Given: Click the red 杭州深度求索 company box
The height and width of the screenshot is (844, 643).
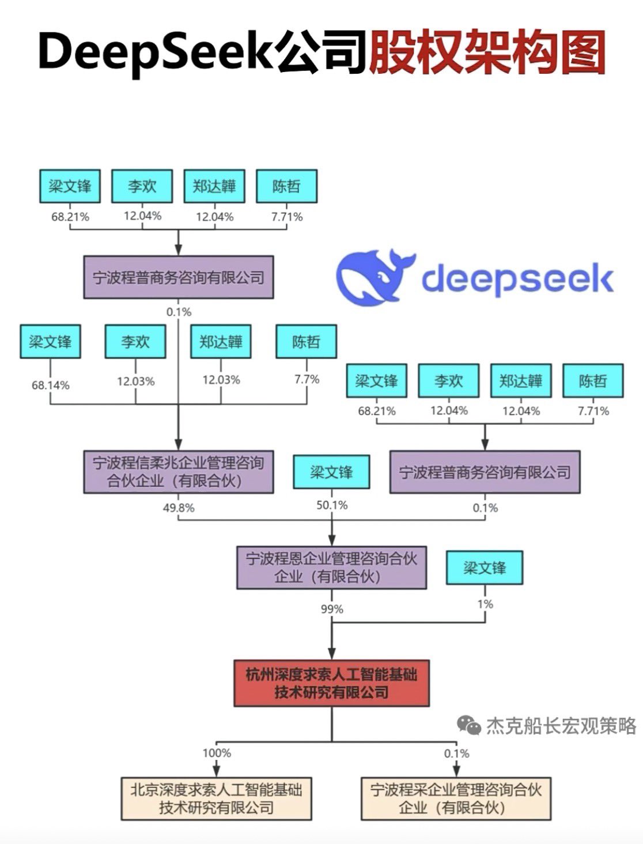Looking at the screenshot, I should pyautogui.click(x=331, y=683).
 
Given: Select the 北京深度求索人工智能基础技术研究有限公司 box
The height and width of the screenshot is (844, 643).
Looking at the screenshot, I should pyautogui.click(x=216, y=798).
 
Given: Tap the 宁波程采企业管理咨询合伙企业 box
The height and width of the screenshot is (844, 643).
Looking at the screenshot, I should pyautogui.click(x=456, y=798).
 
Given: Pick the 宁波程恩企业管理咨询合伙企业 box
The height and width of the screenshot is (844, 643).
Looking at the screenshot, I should pyautogui.click(x=331, y=567).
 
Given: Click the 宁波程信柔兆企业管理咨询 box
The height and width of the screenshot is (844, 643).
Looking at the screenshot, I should pyautogui.click(x=178, y=472).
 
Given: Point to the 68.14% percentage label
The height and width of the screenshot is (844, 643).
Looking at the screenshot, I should pyautogui.click(x=51, y=385).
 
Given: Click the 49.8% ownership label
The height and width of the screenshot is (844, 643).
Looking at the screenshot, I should pyautogui.click(x=179, y=508).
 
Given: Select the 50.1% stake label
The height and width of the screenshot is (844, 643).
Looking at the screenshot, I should pyautogui.click(x=332, y=505).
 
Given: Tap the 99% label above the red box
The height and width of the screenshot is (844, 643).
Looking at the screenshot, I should pyautogui.click(x=332, y=609).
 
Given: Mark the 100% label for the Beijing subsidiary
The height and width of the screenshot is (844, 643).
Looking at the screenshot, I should pyautogui.click(x=217, y=753).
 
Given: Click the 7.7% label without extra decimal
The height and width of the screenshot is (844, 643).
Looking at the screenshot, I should pyautogui.click(x=307, y=379).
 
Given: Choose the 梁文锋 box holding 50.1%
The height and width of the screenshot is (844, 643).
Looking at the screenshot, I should pyautogui.click(x=331, y=472).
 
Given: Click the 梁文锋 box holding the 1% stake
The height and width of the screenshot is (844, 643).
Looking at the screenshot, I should pyautogui.click(x=485, y=568).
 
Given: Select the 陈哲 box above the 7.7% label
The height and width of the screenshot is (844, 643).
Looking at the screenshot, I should pyautogui.click(x=306, y=342).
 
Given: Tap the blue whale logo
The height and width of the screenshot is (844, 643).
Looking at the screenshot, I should pyautogui.click(x=375, y=277).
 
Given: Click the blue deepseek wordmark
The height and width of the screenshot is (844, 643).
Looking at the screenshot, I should pyautogui.click(x=517, y=279).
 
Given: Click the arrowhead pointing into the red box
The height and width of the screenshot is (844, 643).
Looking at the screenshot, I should pyautogui.click(x=332, y=654).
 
